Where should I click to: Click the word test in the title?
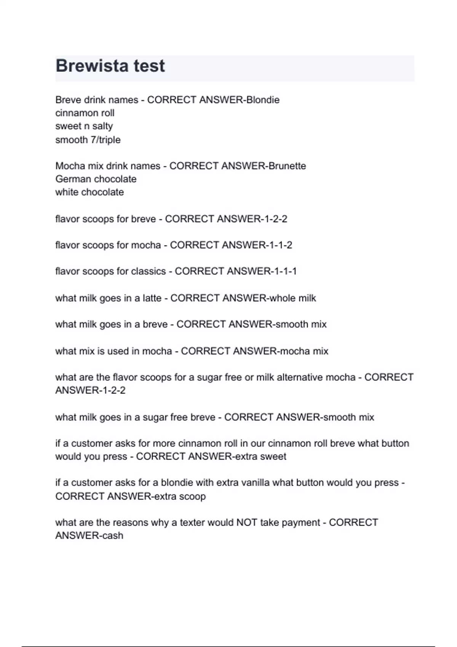click(x=149, y=66)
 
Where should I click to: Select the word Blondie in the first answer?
click(x=263, y=100)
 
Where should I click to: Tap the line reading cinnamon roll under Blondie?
click(x=85, y=113)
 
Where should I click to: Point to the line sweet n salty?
click(x=84, y=126)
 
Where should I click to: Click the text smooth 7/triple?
click(x=88, y=140)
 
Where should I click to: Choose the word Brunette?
click(x=287, y=166)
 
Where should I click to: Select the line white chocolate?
click(x=89, y=192)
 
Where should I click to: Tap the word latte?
click(x=152, y=298)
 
